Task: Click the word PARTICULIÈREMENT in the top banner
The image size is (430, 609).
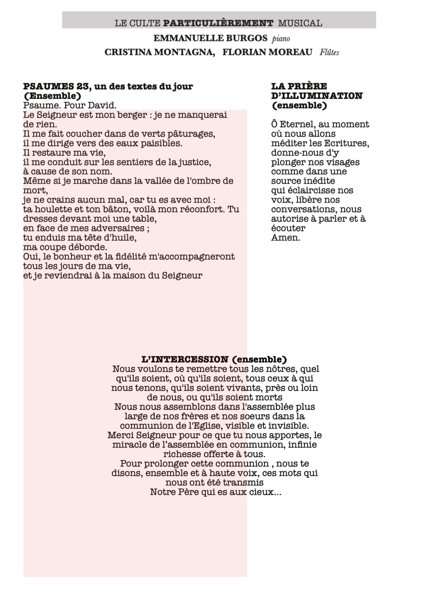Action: point(218,23)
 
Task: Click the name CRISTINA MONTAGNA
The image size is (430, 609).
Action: point(159,52)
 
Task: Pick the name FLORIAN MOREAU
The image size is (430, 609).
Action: point(267,52)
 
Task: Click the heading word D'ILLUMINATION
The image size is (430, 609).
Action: point(316,96)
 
